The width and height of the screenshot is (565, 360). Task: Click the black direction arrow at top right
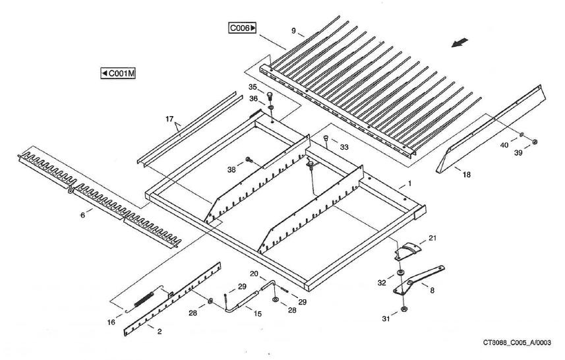click(x=460, y=42)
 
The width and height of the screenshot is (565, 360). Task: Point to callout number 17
click(x=170, y=119)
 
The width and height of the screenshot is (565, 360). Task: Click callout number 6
click(x=83, y=215)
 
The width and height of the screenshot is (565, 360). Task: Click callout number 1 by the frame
click(x=409, y=183)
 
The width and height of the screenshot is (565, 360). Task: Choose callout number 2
click(x=160, y=332)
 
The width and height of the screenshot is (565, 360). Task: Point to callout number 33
click(x=343, y=148)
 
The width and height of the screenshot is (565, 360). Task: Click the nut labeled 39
click(x=535, y=142)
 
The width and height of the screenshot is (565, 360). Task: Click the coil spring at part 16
click(x=146, y=297)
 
